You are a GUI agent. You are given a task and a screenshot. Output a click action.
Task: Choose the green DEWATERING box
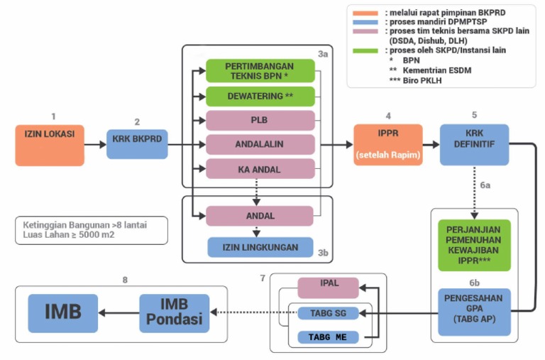260,96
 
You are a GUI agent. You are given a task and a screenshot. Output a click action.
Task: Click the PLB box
260,120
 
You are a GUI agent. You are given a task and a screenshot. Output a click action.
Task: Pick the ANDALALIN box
260,144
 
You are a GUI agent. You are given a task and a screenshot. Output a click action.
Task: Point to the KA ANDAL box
260,168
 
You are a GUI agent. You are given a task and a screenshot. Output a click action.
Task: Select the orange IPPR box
387,144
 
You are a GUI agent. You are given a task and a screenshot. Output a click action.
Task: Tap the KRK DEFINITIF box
474,144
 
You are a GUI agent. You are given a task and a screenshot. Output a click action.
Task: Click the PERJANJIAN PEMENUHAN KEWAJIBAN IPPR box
474,245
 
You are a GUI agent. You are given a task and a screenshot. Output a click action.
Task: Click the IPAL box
328,288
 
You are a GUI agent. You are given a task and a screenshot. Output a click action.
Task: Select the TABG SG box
327,313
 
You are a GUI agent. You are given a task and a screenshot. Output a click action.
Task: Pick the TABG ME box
327,337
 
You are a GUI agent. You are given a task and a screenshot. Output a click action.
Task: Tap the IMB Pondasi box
175,313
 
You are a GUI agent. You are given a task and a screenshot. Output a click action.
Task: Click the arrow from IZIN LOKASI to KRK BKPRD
95,145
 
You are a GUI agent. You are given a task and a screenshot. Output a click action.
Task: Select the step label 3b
323,251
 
